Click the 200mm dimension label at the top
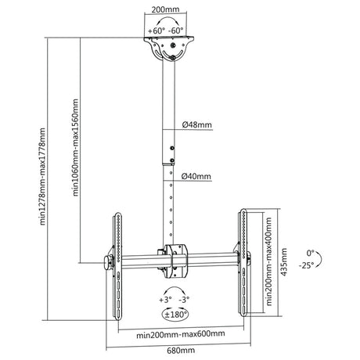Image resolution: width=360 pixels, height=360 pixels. point(165,9)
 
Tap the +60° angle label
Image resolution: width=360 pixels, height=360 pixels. point(157,31)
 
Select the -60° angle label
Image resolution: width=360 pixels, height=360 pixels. point(176,31)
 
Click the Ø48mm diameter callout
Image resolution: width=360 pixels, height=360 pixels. point(197,124)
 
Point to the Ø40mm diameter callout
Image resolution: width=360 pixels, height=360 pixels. point(196,176)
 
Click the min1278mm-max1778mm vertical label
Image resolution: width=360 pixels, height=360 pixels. point(42,176)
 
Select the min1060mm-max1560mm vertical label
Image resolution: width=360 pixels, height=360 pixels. point(75,147)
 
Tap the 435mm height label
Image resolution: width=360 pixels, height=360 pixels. point(283,262)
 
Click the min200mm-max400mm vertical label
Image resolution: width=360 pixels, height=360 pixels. point(269,261)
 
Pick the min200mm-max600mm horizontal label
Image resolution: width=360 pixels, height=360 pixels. point(181,334)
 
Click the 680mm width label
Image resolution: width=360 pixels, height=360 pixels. point(181,351)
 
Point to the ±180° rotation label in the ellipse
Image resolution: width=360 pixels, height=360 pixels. point(175,315)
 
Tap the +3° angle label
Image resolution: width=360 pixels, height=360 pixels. point(165,300)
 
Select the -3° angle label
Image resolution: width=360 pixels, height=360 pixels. point(184,300)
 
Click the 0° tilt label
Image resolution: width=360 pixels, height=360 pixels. point(311,253)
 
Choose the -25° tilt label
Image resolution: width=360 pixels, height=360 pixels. point(307,265)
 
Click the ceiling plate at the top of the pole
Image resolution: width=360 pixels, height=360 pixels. point(169,38)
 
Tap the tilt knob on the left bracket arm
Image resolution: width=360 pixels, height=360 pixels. point(108,263)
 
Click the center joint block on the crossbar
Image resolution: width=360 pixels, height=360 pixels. point(175,261)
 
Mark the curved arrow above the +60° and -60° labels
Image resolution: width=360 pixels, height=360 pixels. point(167,18)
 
